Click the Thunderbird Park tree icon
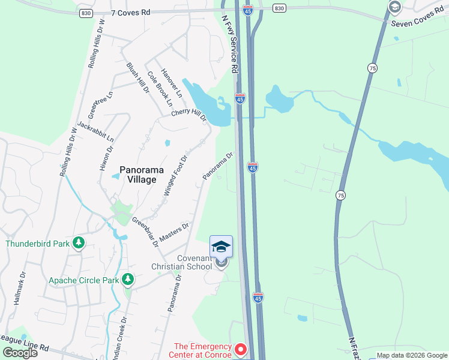[x=77, y=243]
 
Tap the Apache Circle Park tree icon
[x=127, y=280]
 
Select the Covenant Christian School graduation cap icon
[x=221, y=247]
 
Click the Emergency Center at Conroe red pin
[x=241, y=349]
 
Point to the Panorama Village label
[x=137, y=175]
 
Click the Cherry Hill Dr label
[x=189, y=115]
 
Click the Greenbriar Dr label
[x=145, y=232]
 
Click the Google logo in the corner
[x=20, y=352]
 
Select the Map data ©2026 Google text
[x=412, y=355]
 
